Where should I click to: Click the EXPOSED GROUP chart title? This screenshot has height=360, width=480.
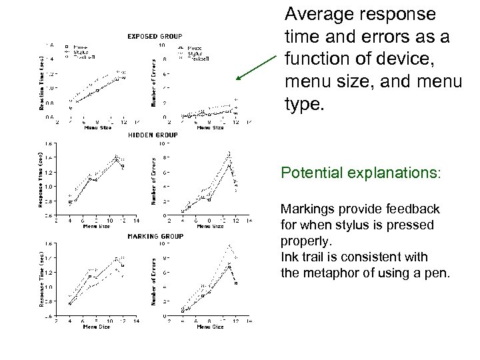pyautogui.click(x=155, y=36)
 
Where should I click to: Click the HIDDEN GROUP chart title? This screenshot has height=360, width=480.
pyautogui.click(x=154, y=135)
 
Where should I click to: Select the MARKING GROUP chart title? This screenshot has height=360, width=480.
pyautogui.click(x=155, y=235)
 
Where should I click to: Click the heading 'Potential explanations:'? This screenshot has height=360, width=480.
pyautogui.click(x=361, y=173)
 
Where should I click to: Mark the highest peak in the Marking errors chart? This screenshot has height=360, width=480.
pyautogui.click(x=229, y=245)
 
